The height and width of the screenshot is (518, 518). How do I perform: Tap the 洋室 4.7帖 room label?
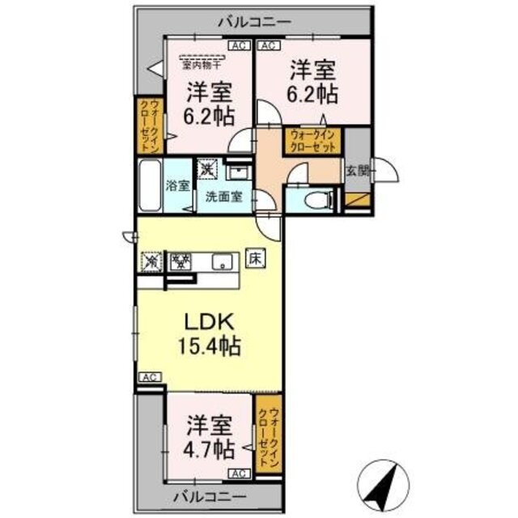(x=208, y=437)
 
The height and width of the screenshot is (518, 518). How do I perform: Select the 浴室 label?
(x=178, y=185)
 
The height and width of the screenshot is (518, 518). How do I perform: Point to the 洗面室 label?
(x=223, y=196)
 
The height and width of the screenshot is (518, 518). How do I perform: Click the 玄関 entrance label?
(x=357, y=170)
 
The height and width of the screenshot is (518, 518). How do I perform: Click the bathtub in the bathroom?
(x=151, y=185)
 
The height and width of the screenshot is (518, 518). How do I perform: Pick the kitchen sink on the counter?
(x=223, y=261)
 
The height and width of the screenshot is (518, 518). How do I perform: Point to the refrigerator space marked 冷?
(x=151, y=261)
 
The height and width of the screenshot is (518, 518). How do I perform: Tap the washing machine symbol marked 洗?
(x=209, y=170)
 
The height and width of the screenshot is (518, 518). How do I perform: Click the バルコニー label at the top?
(x=254, y=23)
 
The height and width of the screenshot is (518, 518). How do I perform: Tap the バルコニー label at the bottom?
(x=210, y=495)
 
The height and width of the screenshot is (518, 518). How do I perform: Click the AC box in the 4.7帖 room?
(x=239, y=473)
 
